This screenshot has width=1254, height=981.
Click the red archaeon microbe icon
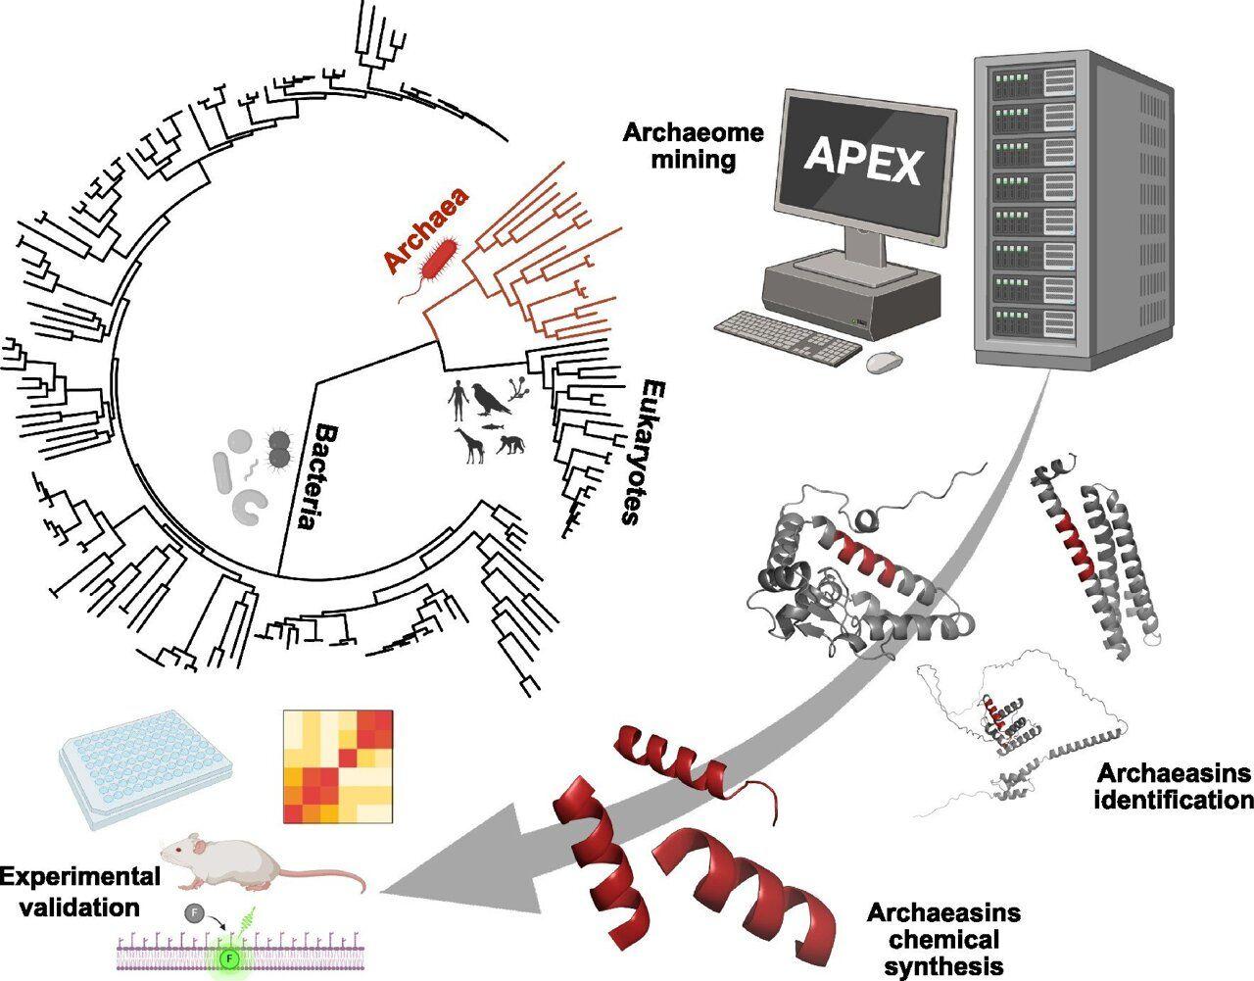(x=439, y=260)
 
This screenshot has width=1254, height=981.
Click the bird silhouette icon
(x=488, y=397)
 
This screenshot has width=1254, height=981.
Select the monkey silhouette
(x=508, y=446)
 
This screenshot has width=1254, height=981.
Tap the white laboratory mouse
(x=255, y=863)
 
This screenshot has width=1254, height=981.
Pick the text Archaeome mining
(x=692, y=144)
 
